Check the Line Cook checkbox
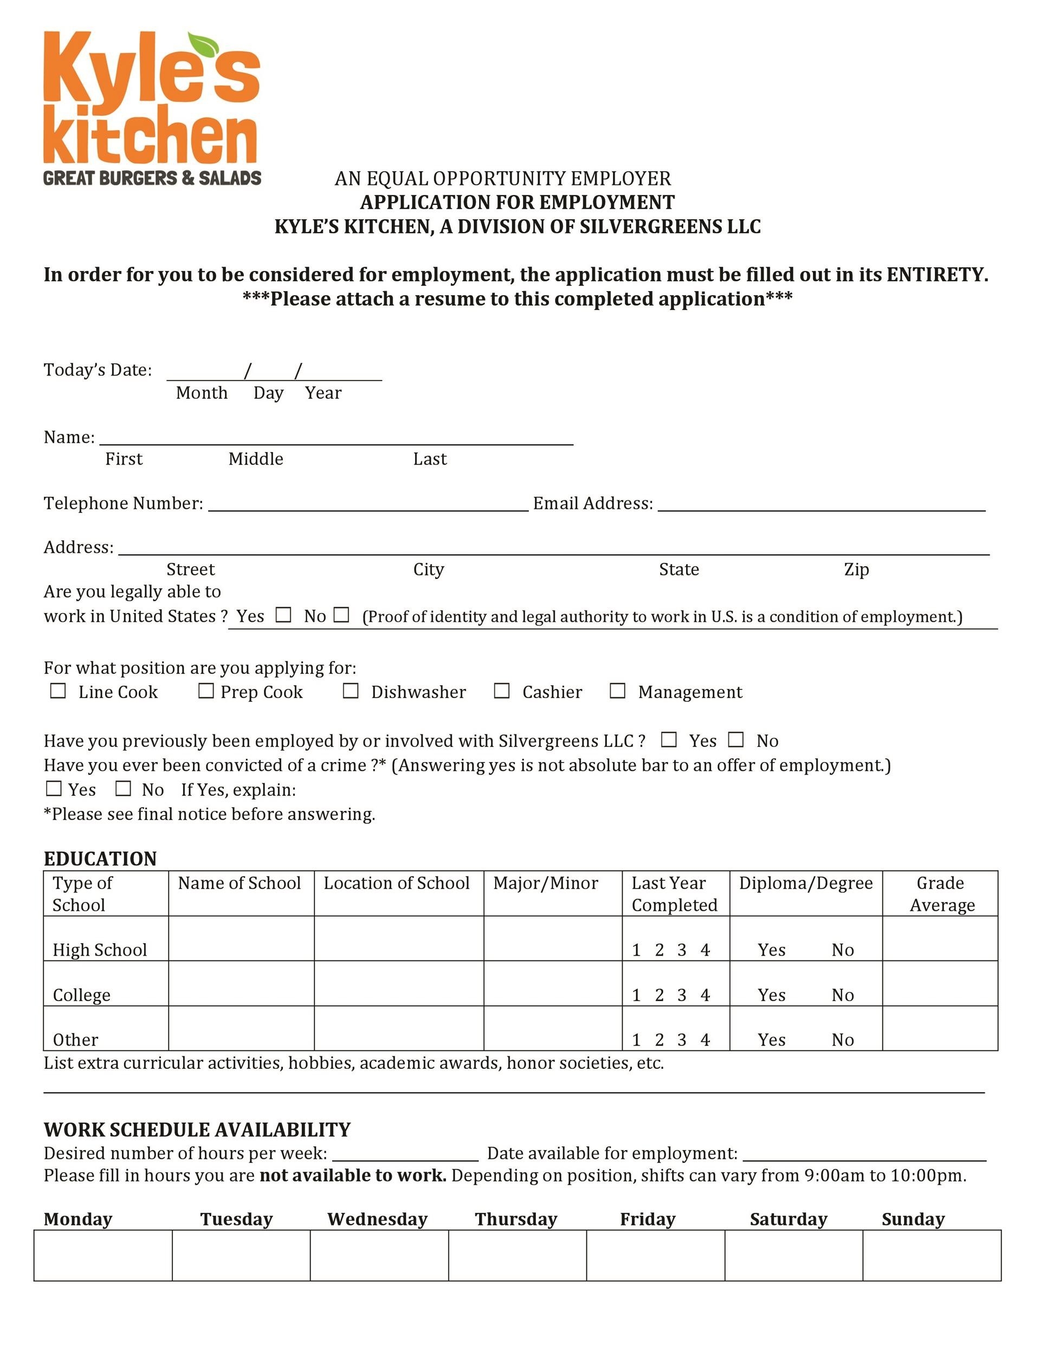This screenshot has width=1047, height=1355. [x=57, y=691]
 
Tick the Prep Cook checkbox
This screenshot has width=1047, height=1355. [x=206, y=691]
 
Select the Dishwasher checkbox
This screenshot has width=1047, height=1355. [x=351, y=691]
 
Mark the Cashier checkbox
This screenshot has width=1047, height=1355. [x=502, y=691]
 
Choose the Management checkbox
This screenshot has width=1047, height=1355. [x=617, y=691]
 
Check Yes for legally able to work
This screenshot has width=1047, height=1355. [x=283, y=615]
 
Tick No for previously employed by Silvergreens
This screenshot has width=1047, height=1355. [x=735, y=739]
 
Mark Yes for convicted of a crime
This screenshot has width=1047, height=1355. [x=54, y=789]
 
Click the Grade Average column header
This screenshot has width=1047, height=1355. [x=940, y=893]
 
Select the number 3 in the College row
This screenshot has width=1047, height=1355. [x=682, y=995]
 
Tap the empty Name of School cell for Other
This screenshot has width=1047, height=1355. [x=241, y=1028]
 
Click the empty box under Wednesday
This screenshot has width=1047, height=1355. [x=379, y=1255]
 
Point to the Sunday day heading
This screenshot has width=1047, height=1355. [x=913, y=1219]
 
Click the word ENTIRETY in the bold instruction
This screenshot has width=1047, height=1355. [x=936, y=274]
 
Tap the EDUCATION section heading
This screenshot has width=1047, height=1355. [x=100, y=859]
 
